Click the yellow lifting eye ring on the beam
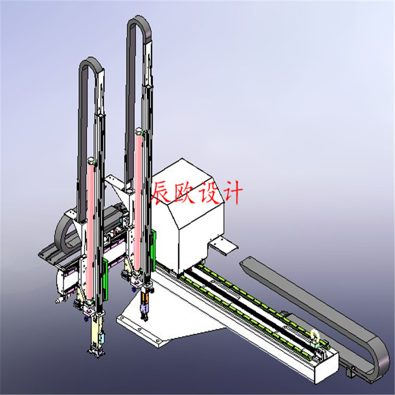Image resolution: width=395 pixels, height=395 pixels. [x=315, y=335]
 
